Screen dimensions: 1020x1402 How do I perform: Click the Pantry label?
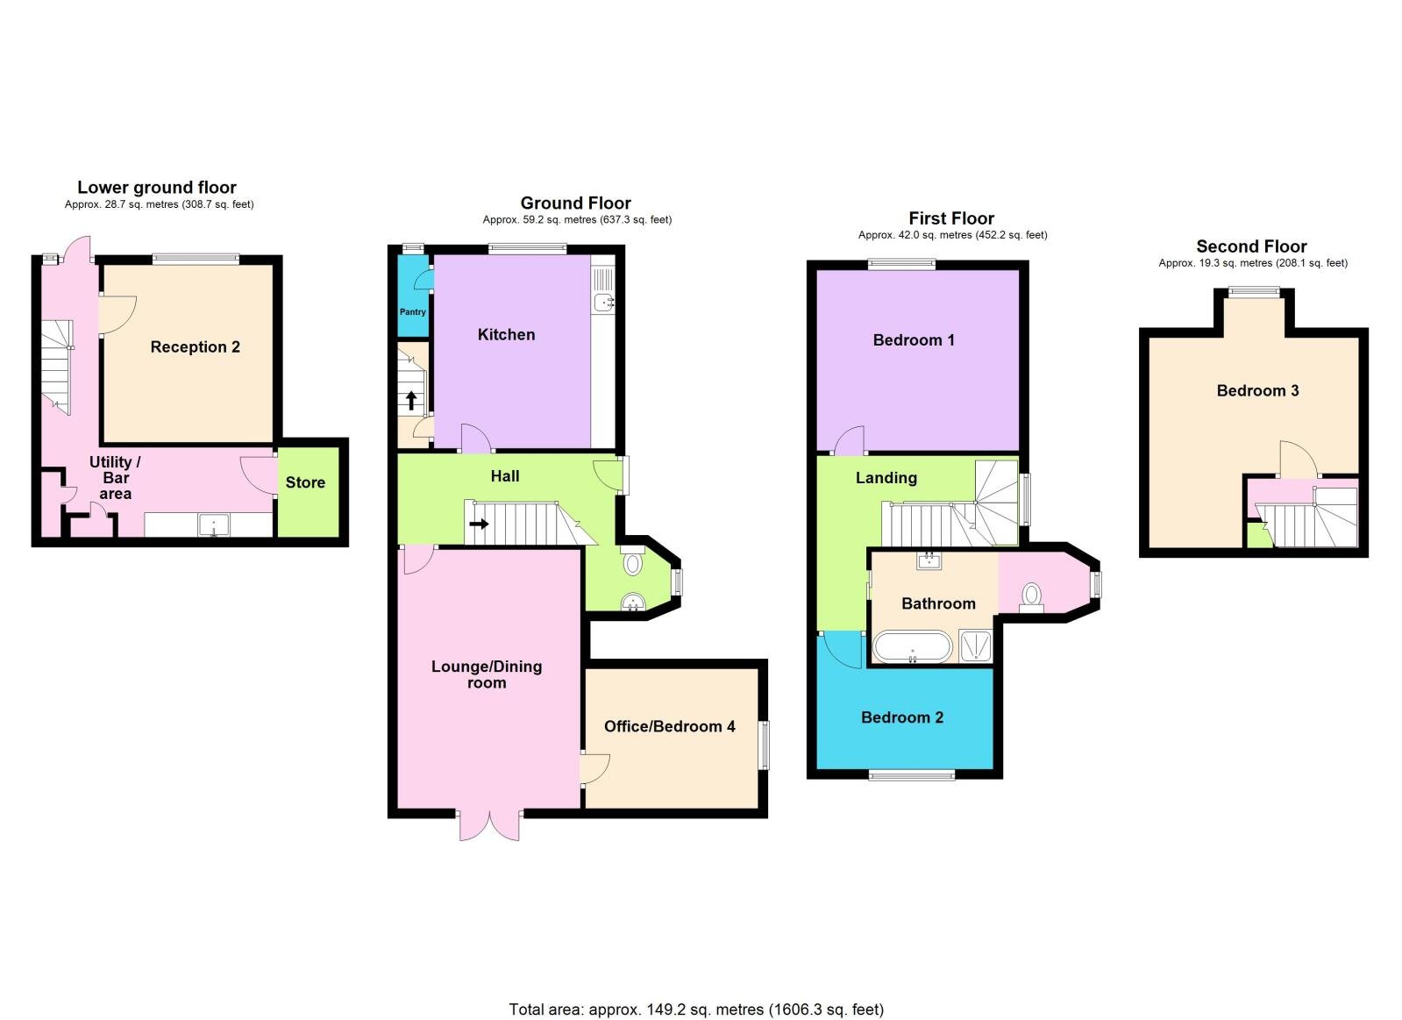tap(412, 311)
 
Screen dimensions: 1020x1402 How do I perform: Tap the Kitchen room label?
tap(506, 334)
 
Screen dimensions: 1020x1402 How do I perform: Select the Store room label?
tap(305, 482)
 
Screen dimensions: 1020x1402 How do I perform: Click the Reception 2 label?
tap(195, 347)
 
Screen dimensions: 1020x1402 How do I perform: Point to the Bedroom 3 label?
tap(1257, 391)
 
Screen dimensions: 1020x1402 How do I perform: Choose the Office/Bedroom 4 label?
tap(669, 726)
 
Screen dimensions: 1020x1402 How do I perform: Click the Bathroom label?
tap(938, 603)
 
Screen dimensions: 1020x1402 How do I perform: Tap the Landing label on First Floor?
tap(886, 478)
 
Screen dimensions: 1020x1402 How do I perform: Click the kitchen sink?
tap(603, 303)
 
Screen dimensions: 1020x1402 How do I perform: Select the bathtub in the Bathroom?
tap(912, 647)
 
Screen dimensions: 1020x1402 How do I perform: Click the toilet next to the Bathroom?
tap(1032, 596)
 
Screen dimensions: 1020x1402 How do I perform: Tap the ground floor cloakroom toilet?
tap(633, 562)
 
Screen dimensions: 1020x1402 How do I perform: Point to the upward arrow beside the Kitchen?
tap(411, 401)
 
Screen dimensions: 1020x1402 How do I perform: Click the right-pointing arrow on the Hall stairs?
tap(479, 524)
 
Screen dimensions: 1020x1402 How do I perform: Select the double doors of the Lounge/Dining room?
tap(488, 824)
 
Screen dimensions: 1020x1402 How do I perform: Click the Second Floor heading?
tap(1251, 246)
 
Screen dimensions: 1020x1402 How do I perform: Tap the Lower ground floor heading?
tap(157, 187)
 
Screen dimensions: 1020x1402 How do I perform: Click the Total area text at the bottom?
tap(696, 1009)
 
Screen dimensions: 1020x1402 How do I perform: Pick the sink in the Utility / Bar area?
tap(213, 525)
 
